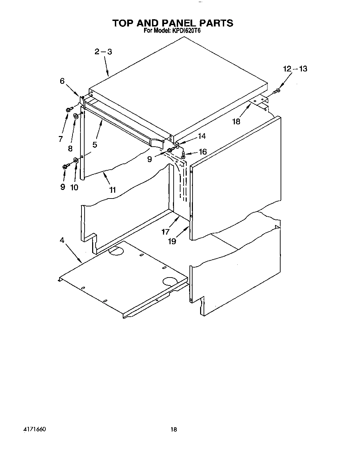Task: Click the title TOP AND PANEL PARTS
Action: coord(173,23)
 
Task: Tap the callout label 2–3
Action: coord(103,52)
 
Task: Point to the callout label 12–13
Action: coord(295,69)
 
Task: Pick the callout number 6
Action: coord(62,81)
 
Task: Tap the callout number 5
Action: coord(95,145)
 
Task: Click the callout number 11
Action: coord(112,190)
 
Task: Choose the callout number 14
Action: coord(202,136)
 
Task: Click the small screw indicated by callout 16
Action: coord(184,156)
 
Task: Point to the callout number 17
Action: coord(166,232)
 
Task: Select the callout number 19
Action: coord(172,241)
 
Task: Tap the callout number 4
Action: coord(62,240)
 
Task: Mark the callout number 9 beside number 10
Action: coord(63,187)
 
